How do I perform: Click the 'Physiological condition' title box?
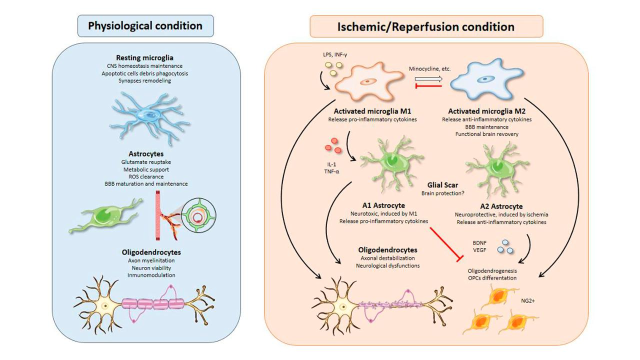145,25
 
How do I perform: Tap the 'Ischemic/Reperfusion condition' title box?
426,26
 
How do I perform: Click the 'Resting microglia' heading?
145,58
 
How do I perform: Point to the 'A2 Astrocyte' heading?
501,206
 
